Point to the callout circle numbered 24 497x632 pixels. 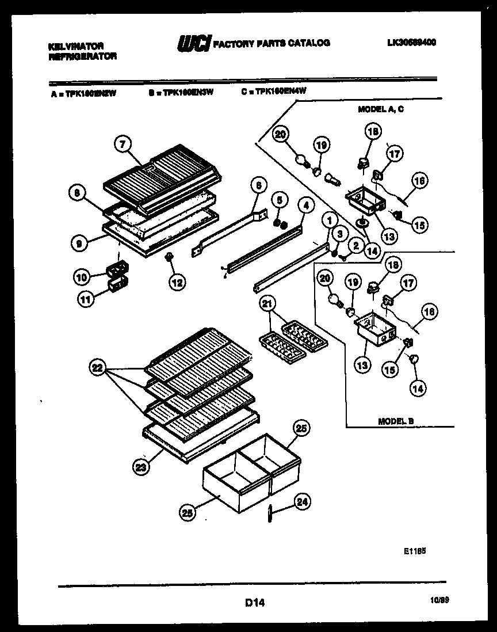(x=301, y=502)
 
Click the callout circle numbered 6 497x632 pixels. (x=258, y=185)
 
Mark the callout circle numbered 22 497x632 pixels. (x=97, y=367)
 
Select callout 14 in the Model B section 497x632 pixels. (x=419, y=389)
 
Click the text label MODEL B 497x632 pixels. (x=396, y=421)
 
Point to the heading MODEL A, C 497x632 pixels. (x=380, y=109)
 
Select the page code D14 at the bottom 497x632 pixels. (x=254, y=603)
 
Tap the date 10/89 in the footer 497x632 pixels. (x=439, y=600)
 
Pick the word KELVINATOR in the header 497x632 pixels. (x=75, y=45)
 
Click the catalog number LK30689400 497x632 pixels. (x=411, y=42)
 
